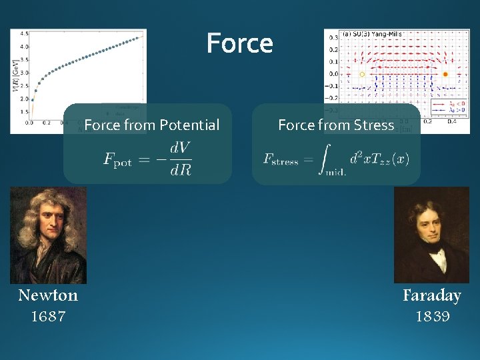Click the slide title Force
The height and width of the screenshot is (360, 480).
pyautogui.click(x=239, y=44)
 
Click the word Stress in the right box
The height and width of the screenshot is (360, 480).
pyautogui.click(x=374, y=125)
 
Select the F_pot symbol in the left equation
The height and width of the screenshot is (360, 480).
pyautogui.click(x=118, y=159)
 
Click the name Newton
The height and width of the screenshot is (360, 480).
pyautogui.click(x=48, y=295)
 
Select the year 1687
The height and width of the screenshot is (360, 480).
pyautogui.click(x=48, y=317)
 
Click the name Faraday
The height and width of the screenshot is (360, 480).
pyautogui.click(x=431, y=295)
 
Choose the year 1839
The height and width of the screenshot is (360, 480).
pyautogui.click(x=432, y=317)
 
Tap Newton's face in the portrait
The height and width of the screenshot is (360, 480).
pyautogui.click(x=49, y=227)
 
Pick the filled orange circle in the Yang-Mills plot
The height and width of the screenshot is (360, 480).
pyautogui.click(x=445, y=74)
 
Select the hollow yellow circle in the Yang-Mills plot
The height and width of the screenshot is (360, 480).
pyautogui.click(x=362, y=74)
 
